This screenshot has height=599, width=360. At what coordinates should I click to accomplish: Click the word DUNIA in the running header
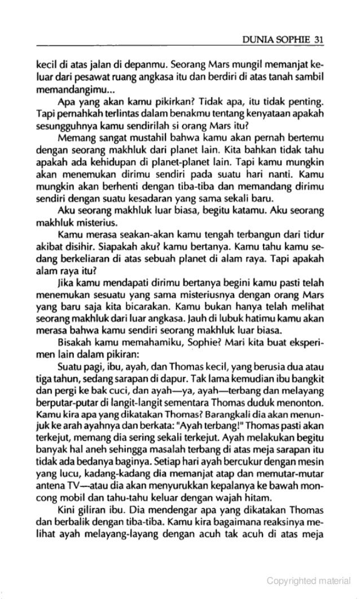point(256,38)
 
